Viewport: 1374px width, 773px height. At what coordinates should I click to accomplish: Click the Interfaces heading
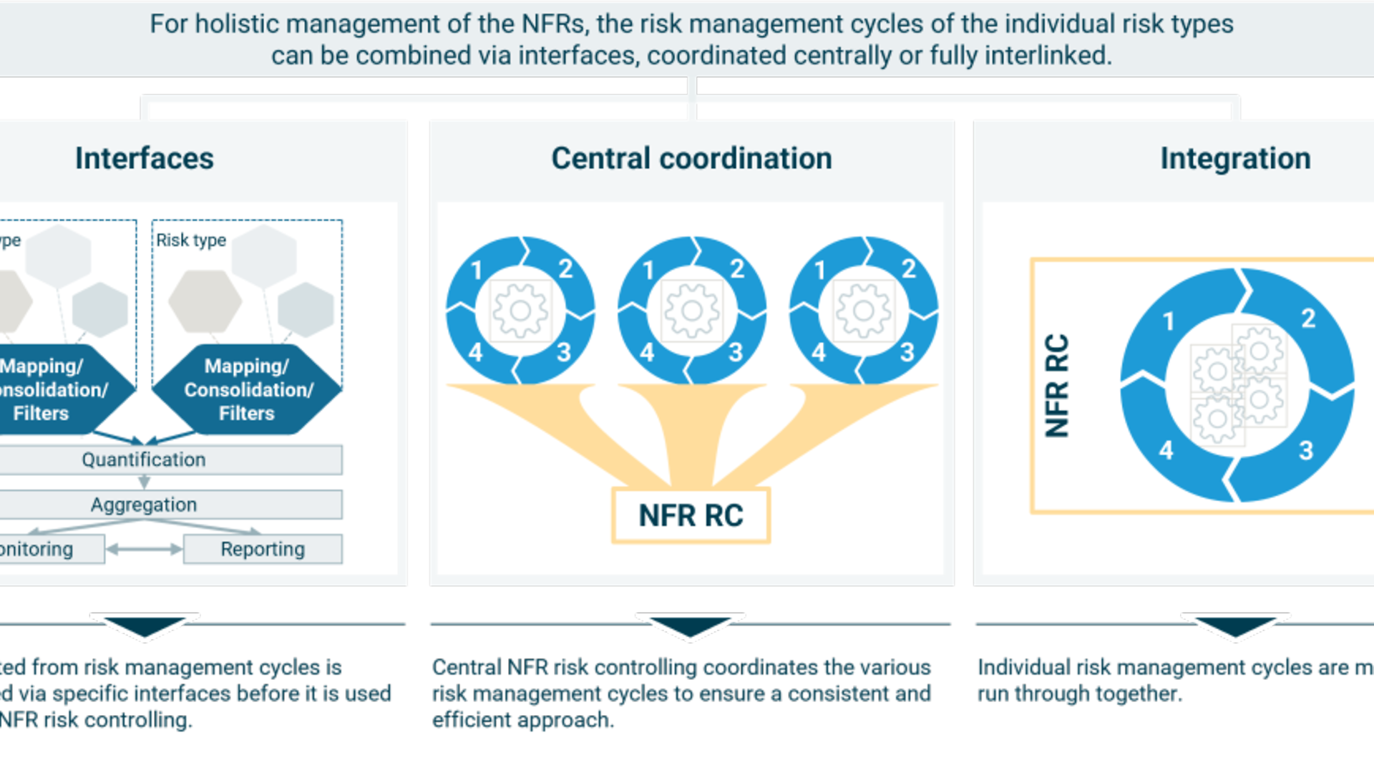pyautogui.click(x=144, y=158)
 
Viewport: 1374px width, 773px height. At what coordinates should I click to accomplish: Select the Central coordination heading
pyautogui.click(x=691, y=158)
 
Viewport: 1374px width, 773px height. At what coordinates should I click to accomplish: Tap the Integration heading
pyautogui.click(x=1235, y=158)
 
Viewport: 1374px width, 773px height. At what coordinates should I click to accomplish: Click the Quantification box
pyautogui.click(x=144, y=460)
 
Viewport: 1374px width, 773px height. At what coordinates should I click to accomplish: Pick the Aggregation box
pyautogui.click(x=144, y=505)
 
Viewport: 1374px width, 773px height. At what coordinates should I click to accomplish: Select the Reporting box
pyautogui.click(x=263, y=549)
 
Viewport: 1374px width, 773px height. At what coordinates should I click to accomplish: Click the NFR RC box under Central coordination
pyautogui.click(x=691, y=515)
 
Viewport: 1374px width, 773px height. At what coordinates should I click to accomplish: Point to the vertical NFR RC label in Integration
pyautogui.click(x=1057, y=385)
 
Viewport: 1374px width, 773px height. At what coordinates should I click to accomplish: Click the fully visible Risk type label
pyautogui.click(x=191, y=240)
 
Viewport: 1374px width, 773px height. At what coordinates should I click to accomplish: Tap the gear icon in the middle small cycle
pyautogui.click(x=691, y=310)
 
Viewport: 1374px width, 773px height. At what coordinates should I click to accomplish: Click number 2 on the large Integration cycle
pyautogui.click(x=1308, y=318)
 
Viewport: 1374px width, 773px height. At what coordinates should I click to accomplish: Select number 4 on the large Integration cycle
pyautogui.click(x=1166, y=449)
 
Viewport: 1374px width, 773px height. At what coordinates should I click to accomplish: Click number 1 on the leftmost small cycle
pyautogui.click(x=477, y=271)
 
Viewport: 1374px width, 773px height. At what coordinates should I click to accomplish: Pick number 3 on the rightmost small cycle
pyautogui.click(x=907, y=351)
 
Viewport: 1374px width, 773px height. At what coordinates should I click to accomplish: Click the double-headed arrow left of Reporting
pyautogui.click(x=144, y=549)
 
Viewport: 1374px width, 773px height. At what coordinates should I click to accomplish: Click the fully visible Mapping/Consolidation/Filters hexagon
pyautogui.click(x=247, y=389)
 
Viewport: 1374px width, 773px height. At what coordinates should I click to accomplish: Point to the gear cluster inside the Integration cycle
pyautogui.click(x=1238, y=385)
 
